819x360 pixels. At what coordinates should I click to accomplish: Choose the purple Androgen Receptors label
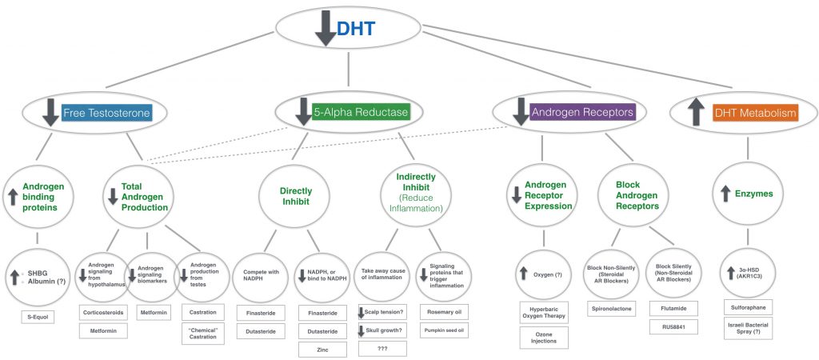583,114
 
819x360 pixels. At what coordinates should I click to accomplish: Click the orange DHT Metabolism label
756,114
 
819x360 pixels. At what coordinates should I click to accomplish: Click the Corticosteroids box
105,311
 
